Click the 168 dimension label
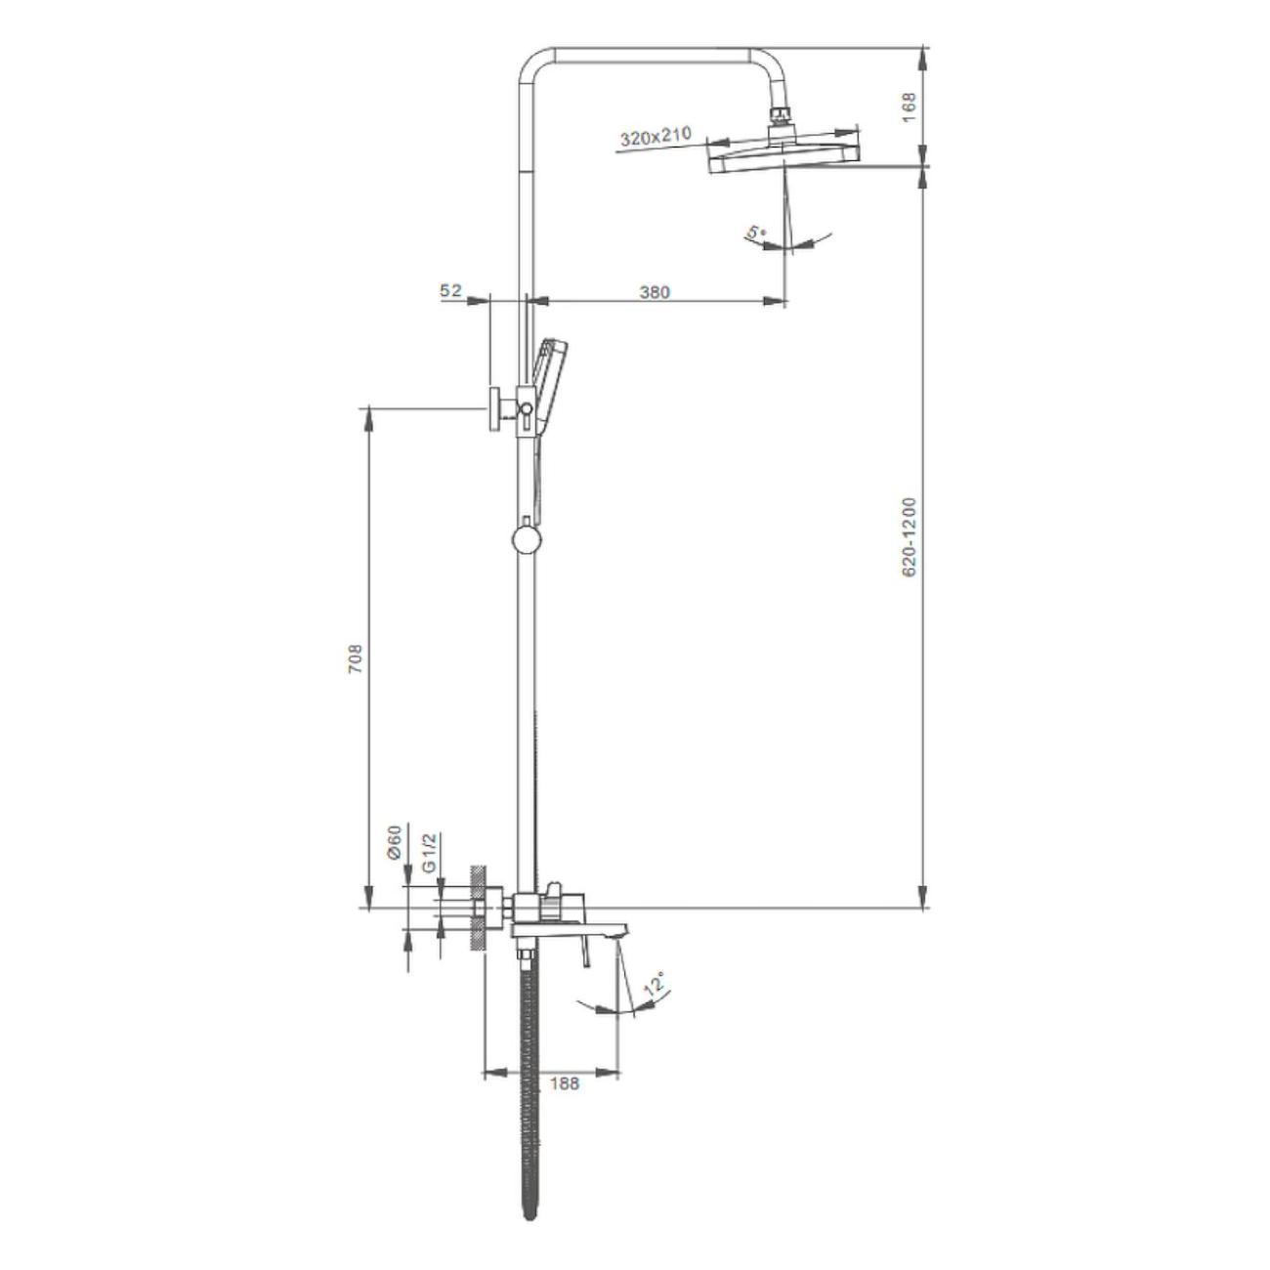909,107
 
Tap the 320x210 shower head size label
656,137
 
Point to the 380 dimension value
655,292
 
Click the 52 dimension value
451,291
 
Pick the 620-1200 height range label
909,537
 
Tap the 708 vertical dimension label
356,657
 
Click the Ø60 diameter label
395,842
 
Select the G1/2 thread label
429,854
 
